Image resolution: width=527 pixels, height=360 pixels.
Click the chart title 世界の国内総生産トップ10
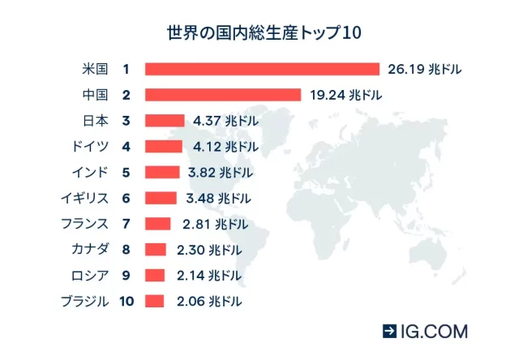point(263,33)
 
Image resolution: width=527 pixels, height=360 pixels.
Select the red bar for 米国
point(262,69)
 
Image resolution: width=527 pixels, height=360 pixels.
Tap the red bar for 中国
point(223,95)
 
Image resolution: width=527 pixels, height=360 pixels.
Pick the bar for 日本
point(165,121)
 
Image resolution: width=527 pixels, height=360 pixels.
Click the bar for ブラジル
point(154,302)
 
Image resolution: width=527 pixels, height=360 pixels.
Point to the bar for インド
point(162,172)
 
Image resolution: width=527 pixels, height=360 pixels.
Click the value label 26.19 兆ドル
point(424,69)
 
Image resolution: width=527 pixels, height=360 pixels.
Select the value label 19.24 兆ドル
point(345,95)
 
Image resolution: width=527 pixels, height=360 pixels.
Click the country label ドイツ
point(90,147)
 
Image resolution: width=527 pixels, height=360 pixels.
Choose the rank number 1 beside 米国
point(126,69)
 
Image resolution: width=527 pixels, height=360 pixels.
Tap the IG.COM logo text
point(434,332)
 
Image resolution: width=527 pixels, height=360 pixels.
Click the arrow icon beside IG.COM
point(390,332)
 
